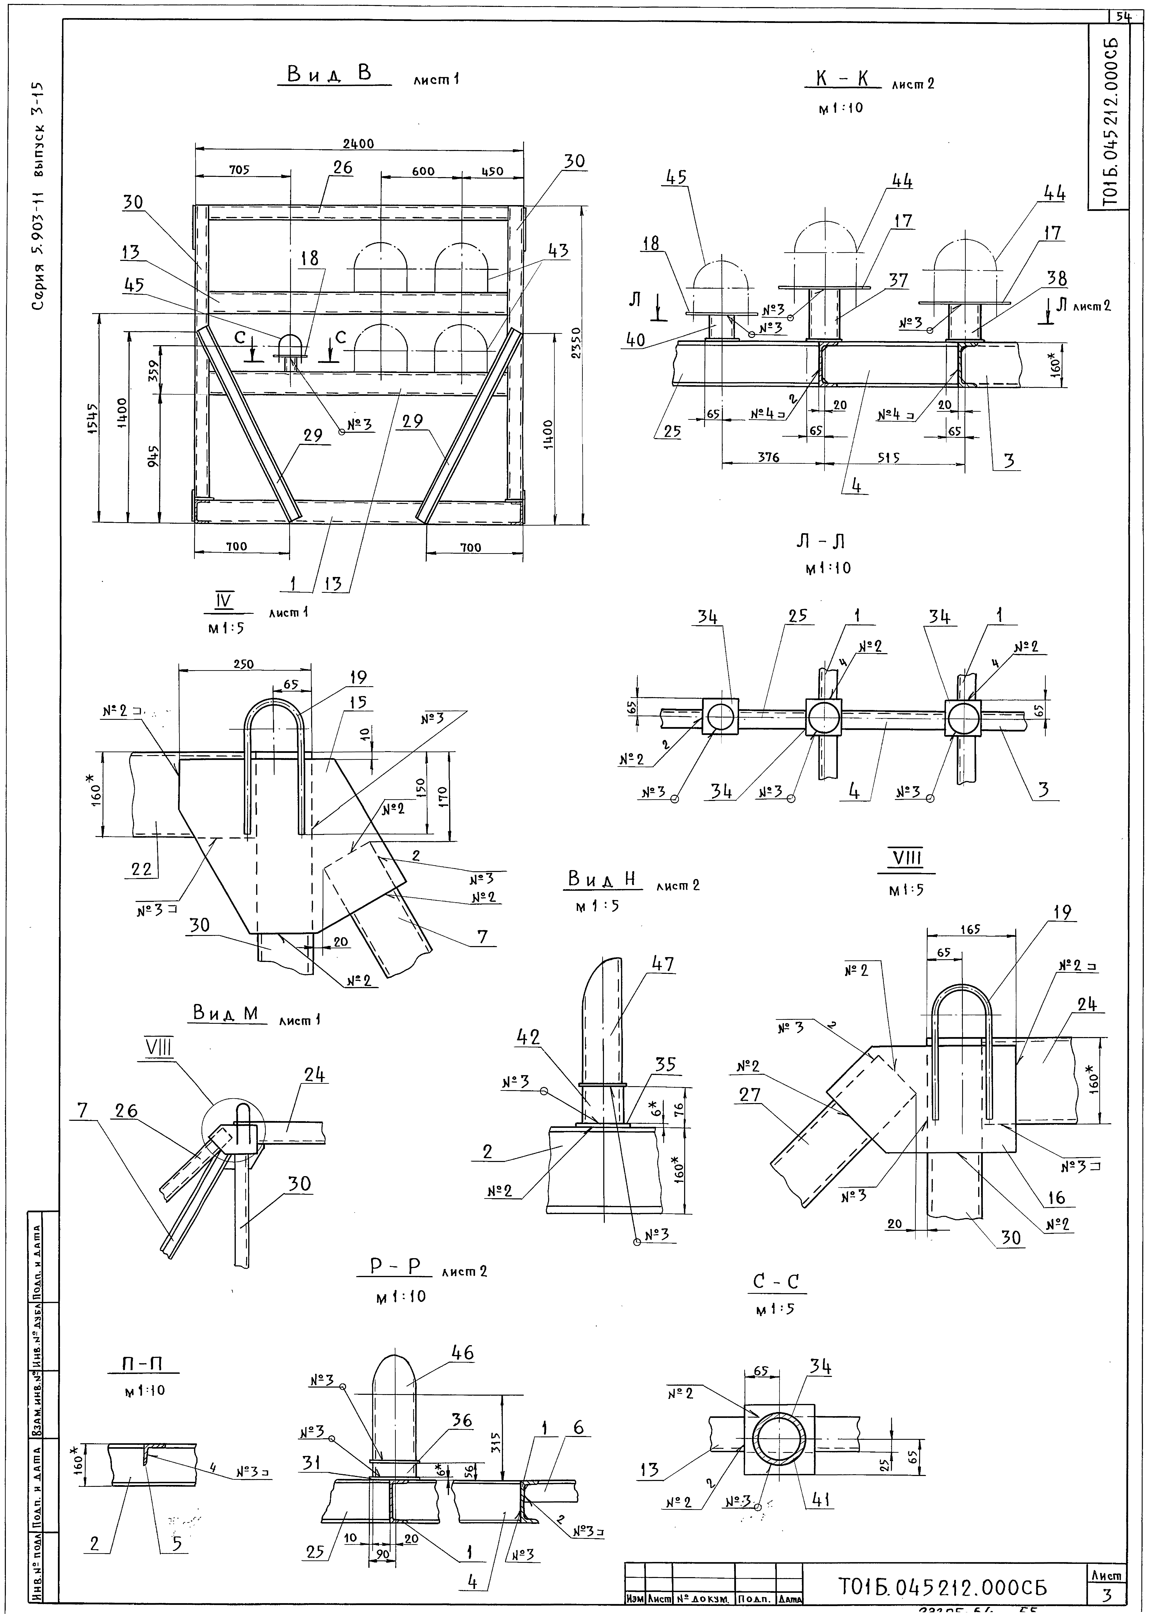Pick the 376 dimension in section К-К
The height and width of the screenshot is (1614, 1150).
click(768, 457)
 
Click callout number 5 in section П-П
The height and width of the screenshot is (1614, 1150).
click(176, 1542)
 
